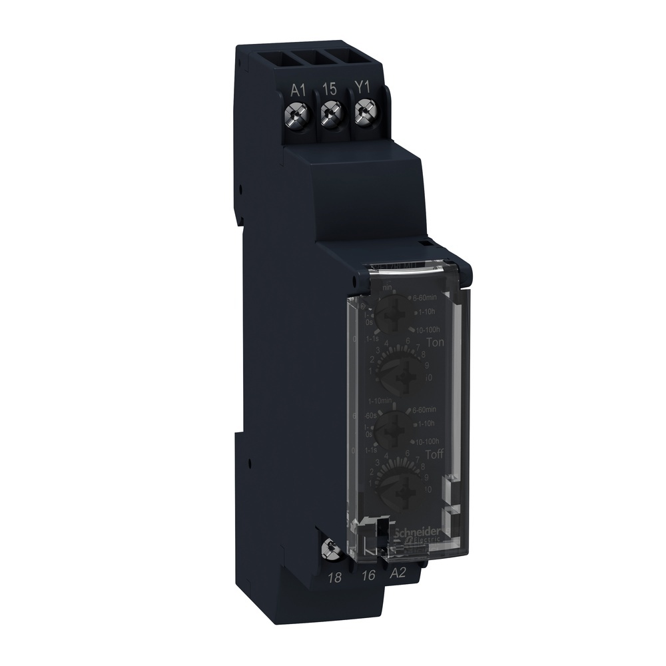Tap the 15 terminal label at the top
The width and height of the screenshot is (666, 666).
click(330, 88)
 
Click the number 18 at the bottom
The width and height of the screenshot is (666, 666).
click(336, 578)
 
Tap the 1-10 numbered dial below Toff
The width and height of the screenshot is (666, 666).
click(400, 486)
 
